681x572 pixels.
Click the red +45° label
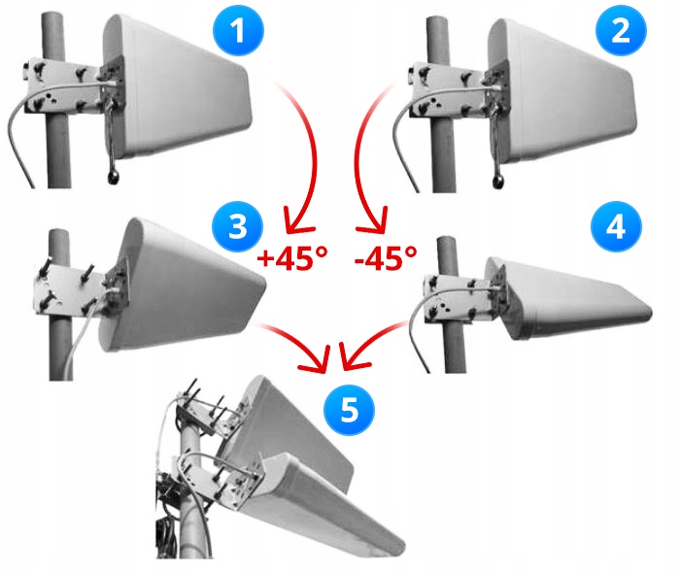coord(292,258)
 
